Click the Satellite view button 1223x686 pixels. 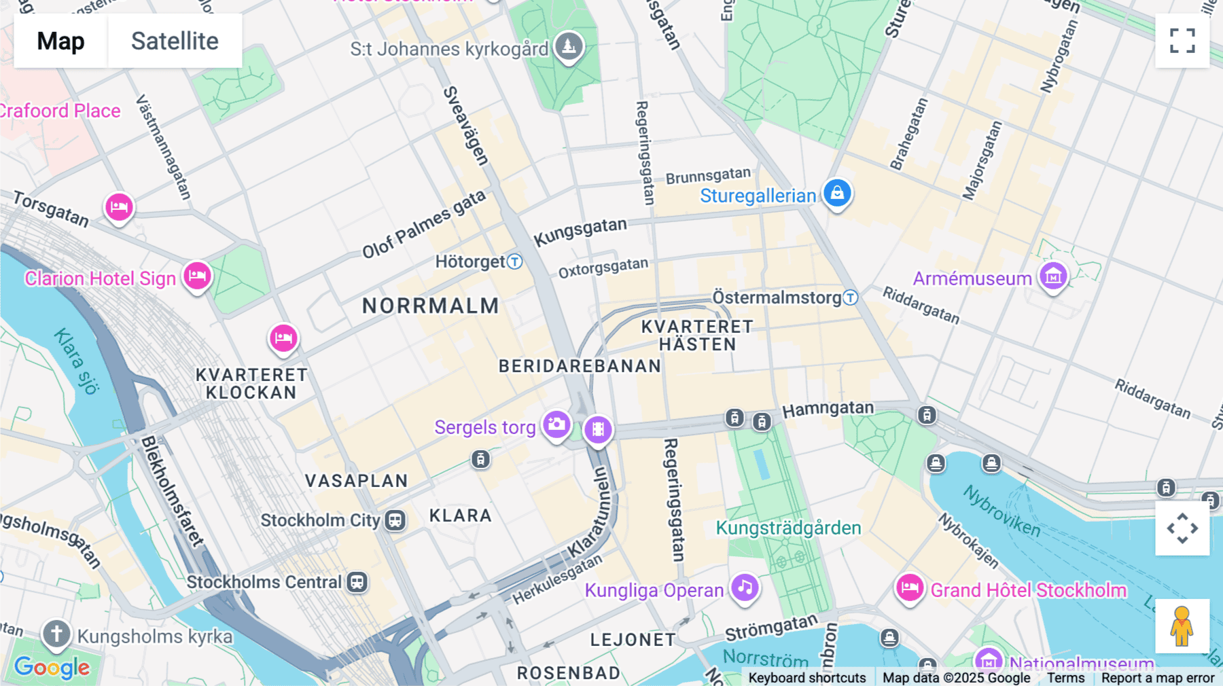tap(175, 41)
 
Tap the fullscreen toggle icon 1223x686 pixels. tap(1182, 41)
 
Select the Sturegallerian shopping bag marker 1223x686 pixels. tap(837, 193)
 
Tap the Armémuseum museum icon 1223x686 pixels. tap(1053, 276)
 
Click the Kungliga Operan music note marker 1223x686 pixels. tap(745, 588)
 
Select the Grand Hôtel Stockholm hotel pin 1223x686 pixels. tap(910, 588)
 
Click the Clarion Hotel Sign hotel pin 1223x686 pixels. tap(197, 276)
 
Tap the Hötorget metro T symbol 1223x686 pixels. tap(515, 261)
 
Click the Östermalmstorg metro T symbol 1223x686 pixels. tap(851, 297)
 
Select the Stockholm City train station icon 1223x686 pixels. tap(395, 521)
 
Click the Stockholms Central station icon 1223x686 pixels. tap(357, 582)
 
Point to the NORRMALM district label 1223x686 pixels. tap(430, 306)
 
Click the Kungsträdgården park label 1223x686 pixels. tap(788, 528)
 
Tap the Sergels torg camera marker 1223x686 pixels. tap(556, 425)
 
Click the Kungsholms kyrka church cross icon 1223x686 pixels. tap(56, 634)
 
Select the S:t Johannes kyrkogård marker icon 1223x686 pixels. tap(569, 46)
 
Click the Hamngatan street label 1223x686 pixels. tap(828, 409)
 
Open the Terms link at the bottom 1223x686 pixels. tap(1065, 678)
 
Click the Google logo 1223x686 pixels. tap(52, 668)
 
